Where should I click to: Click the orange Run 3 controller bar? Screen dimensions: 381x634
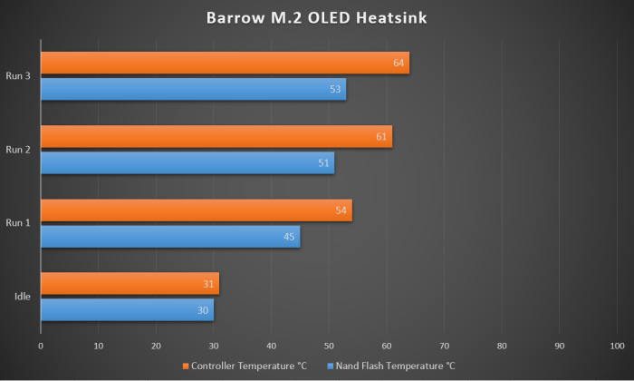225,63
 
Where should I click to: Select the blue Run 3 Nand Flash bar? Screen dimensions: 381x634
193,90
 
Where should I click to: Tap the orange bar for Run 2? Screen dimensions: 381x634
216,137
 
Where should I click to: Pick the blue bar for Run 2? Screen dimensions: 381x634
187,163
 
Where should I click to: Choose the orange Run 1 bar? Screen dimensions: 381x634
196,210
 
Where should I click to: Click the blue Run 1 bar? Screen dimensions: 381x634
170,237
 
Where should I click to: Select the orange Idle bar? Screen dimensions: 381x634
130,284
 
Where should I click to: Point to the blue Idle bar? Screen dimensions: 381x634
127,310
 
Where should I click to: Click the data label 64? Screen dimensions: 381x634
399,63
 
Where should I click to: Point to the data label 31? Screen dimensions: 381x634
209,285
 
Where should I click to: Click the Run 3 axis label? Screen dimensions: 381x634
18,76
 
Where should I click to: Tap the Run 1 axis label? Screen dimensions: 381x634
18,223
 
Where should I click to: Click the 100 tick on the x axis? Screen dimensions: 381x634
618,346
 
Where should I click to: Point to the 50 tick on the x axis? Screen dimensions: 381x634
329,346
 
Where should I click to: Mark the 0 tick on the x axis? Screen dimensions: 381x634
41,346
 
